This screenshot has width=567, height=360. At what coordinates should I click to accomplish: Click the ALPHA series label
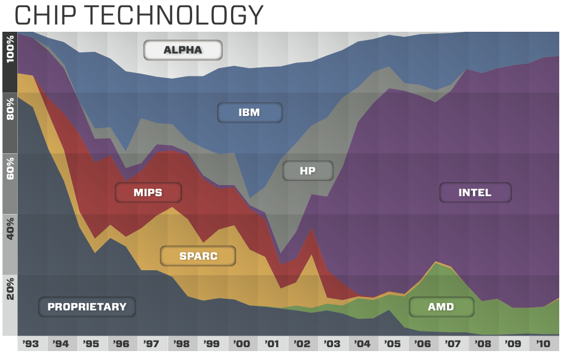[183, 50]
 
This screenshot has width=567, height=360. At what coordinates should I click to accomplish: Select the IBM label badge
[250, 113]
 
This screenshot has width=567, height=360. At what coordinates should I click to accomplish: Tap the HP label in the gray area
[307, 171]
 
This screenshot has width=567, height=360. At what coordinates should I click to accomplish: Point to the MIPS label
[148, 192]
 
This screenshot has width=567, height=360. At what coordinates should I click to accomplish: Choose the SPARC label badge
[198, 256]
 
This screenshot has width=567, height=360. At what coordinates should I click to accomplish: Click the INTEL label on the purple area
[475, 192]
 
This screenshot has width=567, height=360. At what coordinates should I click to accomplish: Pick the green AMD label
[441, 307]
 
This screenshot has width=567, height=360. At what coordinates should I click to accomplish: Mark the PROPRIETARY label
[87, 307]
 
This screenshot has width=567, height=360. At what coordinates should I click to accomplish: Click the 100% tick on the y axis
[10, 49]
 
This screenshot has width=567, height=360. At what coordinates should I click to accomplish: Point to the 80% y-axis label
[10, 109]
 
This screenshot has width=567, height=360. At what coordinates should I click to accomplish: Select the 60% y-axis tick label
[10, 169]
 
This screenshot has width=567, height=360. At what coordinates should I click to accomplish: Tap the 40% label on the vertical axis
[10, 228]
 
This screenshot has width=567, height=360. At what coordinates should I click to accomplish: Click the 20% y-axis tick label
[10, 289]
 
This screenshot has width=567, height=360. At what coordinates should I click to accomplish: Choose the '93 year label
[31, 344]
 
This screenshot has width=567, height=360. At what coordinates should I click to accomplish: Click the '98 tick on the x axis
[181, 344]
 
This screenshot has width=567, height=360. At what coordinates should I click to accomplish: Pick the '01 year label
[272, 344]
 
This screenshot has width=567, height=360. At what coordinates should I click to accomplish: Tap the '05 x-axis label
[392, 344]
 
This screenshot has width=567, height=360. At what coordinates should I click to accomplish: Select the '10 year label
[543, 344]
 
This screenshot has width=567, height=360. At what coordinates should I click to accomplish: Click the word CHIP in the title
[46, 15]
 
